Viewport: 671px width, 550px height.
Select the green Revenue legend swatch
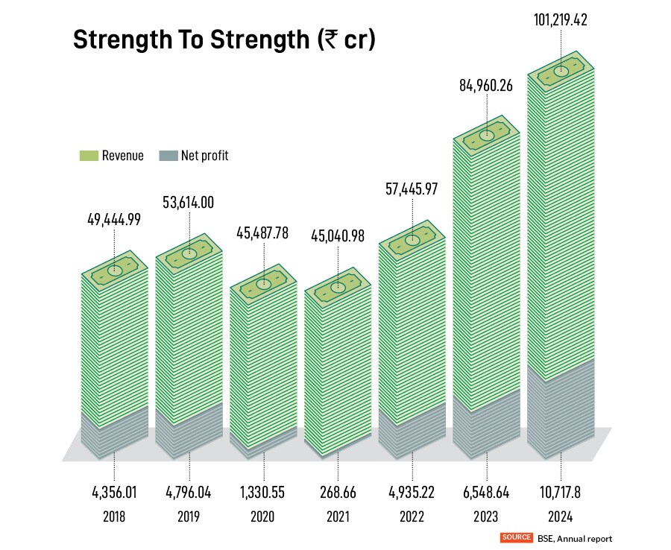[89, 156]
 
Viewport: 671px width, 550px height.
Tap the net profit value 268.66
[337, 493]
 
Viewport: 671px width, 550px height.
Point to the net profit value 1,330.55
[263, 493]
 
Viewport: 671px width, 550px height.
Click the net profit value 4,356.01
[114, 493]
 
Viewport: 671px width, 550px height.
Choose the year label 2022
[412, 516]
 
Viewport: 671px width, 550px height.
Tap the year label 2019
[189, 516]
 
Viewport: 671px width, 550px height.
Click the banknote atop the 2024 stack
[561, 72]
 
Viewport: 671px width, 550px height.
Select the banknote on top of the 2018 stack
[115, 270]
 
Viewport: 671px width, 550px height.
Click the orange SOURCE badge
[517, 537]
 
